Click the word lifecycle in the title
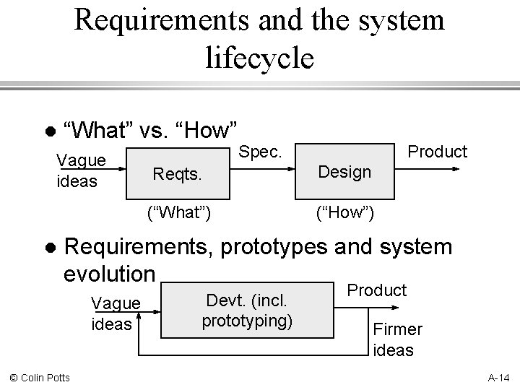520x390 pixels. [260, 56]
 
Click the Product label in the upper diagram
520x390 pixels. [438, 152]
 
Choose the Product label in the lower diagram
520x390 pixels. [377, 290]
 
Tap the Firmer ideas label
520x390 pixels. [397, 339]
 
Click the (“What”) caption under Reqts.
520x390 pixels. [178, 213]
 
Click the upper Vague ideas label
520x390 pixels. [81, 170]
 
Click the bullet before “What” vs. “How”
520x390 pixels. [48, 133]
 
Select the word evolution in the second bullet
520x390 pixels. [110, 274]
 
